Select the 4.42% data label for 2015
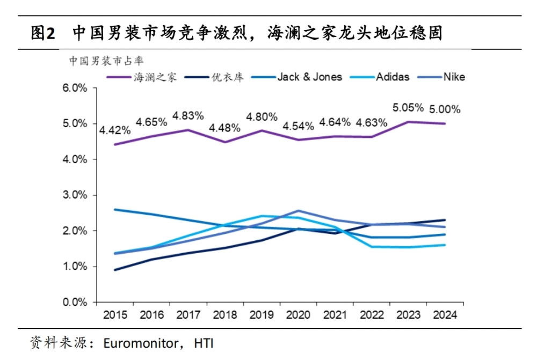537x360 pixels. point(115,130)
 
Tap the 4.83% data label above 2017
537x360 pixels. point(188,115)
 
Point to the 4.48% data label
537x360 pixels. point(224,129)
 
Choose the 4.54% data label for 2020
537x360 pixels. point(298,127)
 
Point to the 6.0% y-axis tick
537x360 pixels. point(76,88)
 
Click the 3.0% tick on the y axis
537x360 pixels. point(76,195)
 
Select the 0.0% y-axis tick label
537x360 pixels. point(76,302)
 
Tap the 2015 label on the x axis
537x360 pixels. point(114,315)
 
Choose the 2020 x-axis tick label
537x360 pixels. point(297,315)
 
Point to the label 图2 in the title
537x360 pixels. point(43,33)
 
